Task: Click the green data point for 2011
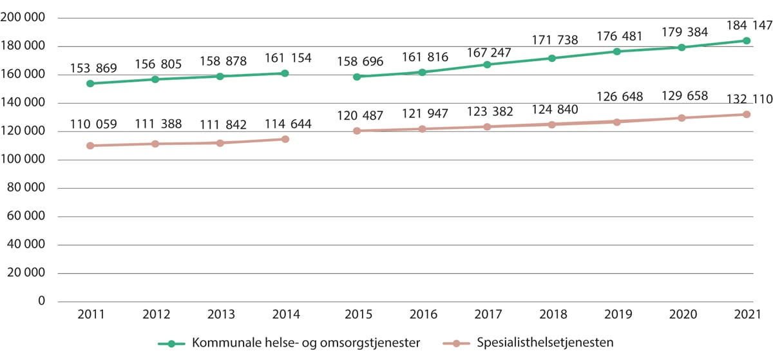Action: pos(90,84)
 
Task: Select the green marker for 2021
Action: pos(747,41)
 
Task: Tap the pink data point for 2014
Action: pos(285,139)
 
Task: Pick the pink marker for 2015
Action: pos(357,131)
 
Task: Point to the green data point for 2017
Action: pos(487,64)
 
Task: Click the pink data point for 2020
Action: pos(682,118)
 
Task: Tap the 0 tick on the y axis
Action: pos(43,301)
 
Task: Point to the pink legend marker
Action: pos(457,343)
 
